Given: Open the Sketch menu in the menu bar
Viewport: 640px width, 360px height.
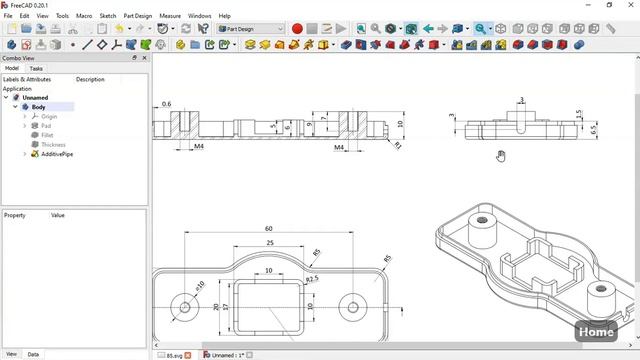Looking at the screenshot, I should point(107,16).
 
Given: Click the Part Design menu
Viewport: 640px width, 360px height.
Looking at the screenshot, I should point(138,16).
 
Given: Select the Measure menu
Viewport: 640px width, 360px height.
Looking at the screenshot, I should point(170,16).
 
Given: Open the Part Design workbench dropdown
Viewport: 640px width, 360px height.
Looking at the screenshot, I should point(250,29).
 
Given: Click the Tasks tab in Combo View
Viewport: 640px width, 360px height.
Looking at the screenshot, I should point(35,68).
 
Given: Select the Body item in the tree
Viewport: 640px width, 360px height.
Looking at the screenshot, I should point(38,107).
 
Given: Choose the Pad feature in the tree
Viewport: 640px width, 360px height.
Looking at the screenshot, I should point(46,126).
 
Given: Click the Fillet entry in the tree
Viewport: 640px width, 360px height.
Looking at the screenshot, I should point(47,135).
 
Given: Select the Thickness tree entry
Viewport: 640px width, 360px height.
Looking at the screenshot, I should point(53,145).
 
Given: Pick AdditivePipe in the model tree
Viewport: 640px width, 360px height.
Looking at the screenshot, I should point(57,154).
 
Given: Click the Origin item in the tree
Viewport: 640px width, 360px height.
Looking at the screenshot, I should point(49,116).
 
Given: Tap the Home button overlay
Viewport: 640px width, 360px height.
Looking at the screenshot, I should point(596,331).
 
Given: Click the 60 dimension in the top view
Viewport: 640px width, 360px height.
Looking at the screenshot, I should point(268,229).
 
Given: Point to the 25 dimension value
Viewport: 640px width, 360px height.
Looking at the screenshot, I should point(268,242).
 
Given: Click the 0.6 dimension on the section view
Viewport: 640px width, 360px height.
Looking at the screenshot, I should point(166,104).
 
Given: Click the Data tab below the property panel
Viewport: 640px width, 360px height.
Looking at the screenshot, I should point(33,354).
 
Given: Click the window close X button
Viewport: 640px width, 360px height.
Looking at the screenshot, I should point(628,5).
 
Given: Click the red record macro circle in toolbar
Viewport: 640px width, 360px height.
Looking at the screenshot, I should point(297,29).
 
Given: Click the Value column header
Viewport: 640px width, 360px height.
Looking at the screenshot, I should point(58,215).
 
